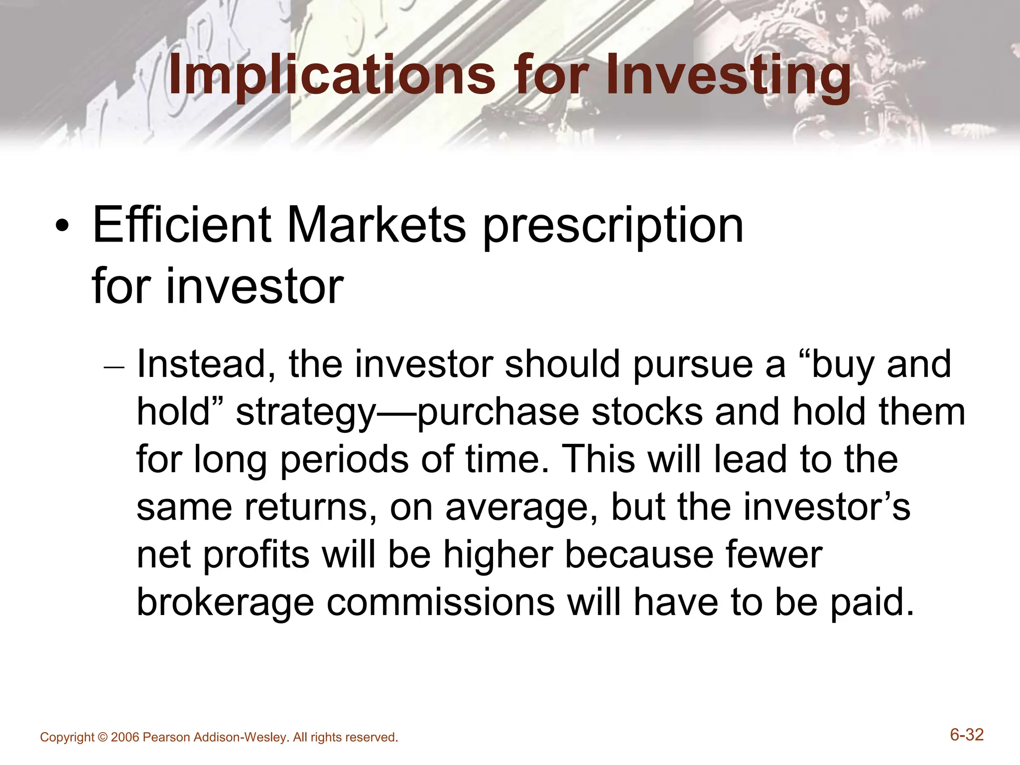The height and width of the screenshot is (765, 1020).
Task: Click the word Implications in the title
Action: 331,76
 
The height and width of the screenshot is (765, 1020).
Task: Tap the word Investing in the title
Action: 728,76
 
